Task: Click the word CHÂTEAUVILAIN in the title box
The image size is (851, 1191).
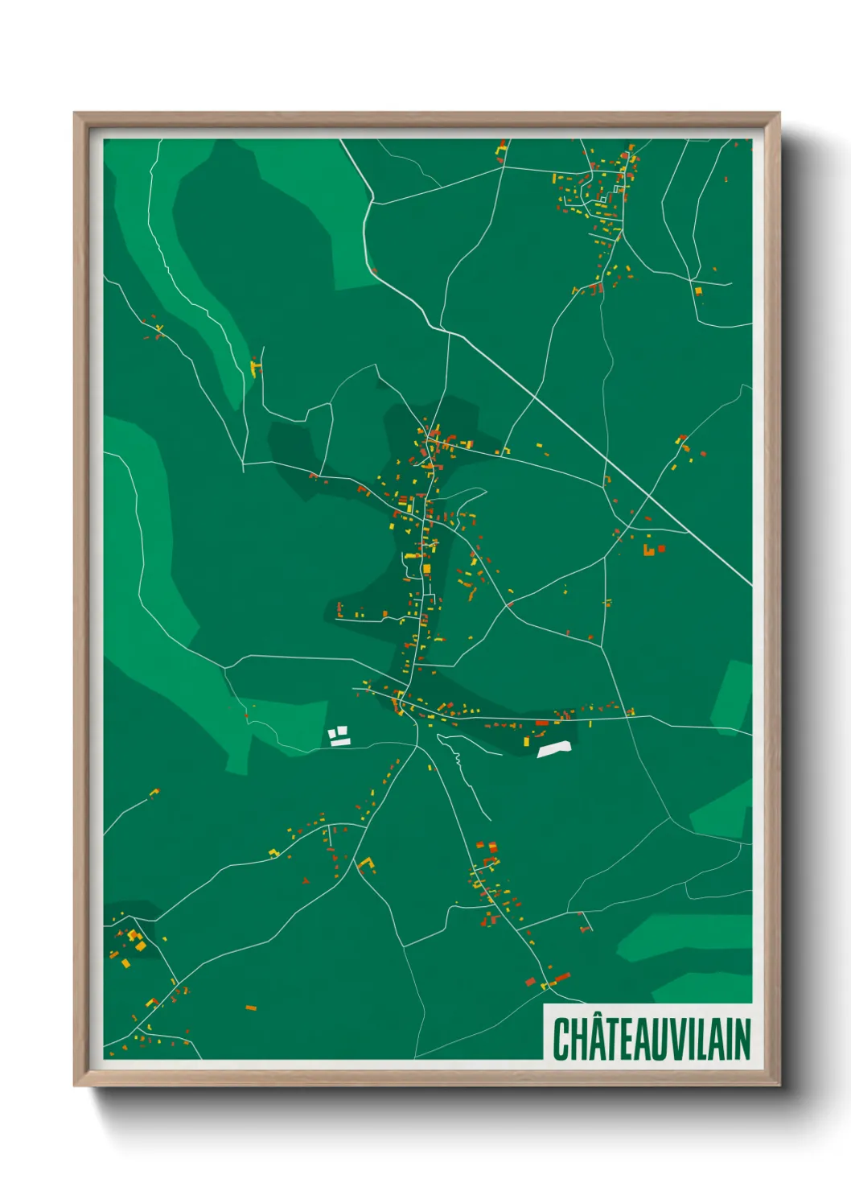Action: coord(651,1039)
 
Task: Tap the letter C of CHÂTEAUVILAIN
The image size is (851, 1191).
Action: coord(561,1040)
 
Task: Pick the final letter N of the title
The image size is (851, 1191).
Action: coord(741,1040)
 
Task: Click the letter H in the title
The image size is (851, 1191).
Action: coord(581,1040)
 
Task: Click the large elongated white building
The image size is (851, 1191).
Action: coord(557,748)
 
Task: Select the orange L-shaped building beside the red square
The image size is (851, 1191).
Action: coord(648,551)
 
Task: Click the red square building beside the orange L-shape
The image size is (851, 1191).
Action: coord(662,549)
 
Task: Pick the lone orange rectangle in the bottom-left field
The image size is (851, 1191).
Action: coord(251,1008)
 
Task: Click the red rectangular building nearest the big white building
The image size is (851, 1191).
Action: coord(541,723)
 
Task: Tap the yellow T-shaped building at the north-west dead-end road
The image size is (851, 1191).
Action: coord(257,369)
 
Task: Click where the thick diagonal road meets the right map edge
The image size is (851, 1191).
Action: coord(750,584)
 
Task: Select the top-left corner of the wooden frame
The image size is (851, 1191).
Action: coord(76,114)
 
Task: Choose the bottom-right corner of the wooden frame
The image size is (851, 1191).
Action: coord(779,1085)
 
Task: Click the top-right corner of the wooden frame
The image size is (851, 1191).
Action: coord(779,114)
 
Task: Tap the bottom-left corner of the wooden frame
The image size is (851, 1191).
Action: coord(76,1085)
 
